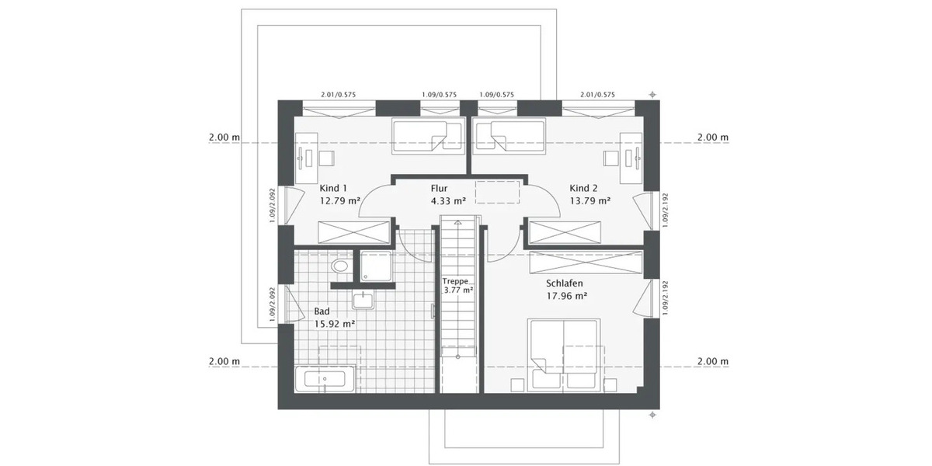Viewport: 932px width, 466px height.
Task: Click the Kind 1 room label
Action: click(x=334, y=189)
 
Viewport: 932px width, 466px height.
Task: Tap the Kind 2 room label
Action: click(x=583, y=189)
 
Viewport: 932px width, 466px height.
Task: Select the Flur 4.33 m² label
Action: click(x=447, y=194)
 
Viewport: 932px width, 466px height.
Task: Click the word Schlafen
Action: click(x=564, y=283)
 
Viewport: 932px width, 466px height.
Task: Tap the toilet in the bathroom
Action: click(x=340, y=266)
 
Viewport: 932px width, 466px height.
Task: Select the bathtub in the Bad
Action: click(x=325, y=381)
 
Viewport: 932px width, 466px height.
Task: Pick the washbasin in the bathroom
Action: click(x=363, y=300)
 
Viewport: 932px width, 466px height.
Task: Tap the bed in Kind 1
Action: click(x=419, y=135)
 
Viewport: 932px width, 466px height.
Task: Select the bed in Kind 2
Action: click(x=502, y=135)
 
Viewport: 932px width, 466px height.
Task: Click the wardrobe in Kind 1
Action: click(x=354, y=232)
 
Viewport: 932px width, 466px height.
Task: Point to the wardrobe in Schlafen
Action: click(x=586, y=262)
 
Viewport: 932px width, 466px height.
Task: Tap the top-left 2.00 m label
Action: click(x=224, y=137)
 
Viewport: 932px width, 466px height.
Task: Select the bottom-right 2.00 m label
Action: click(x=713, y=362)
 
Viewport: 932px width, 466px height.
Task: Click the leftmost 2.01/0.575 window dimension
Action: click(x=338, y=95)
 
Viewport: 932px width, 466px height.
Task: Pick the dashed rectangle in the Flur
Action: click(x=497, y=191)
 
